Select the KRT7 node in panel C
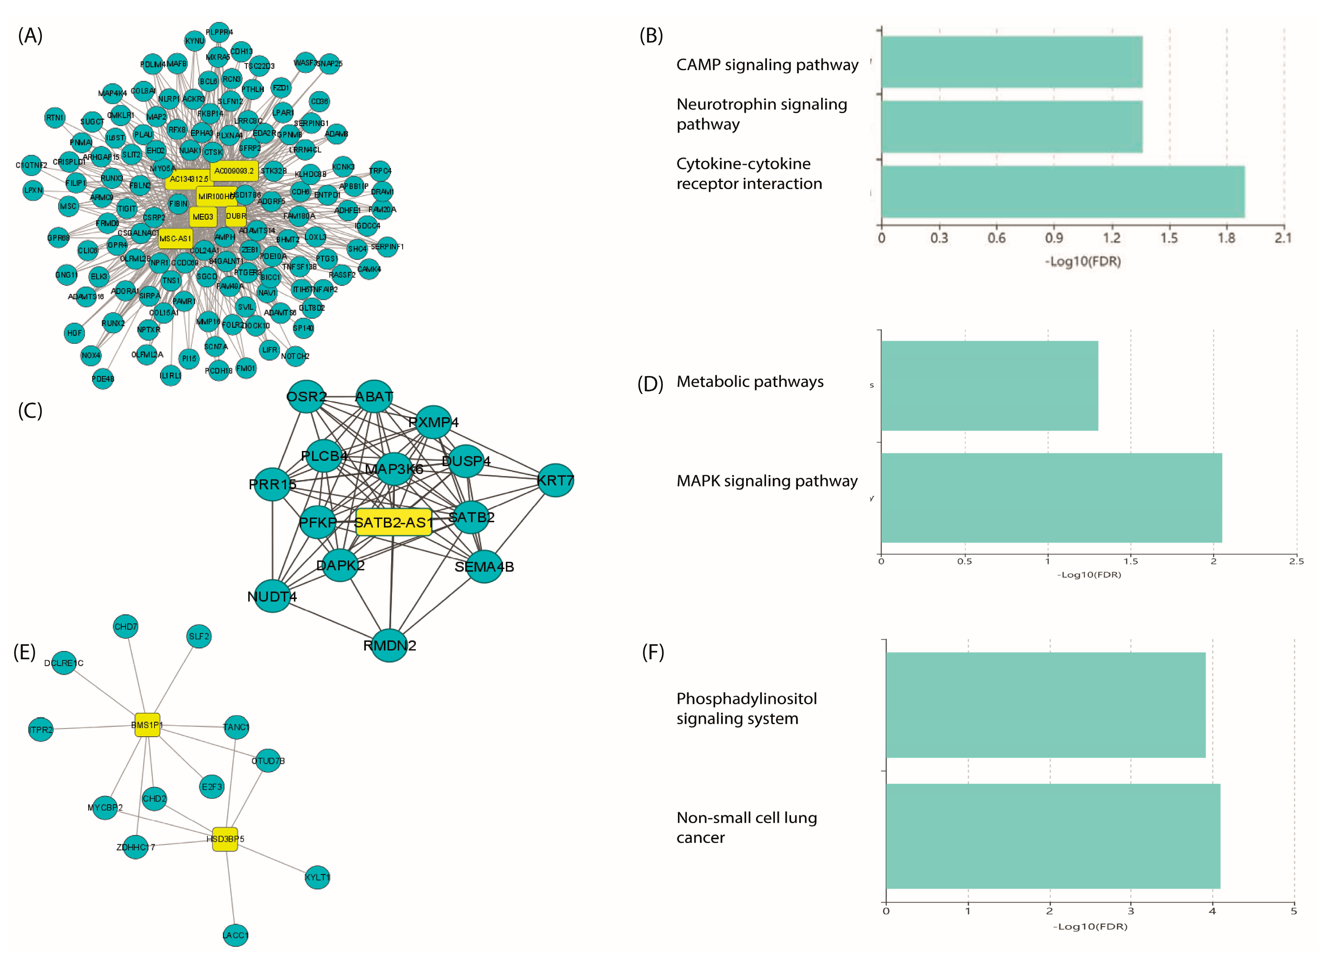pyautogui.click(x=555, y=480)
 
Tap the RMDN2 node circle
pyautogui.click(x=389, y=645)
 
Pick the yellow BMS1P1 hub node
pyautogui.click(x=147, y=724)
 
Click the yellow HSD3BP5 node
pyautogui.click(x=225, y=839)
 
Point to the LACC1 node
pyautogui.click(x=235, y=935)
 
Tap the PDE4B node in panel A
pyautogui.click(x=103, y=379)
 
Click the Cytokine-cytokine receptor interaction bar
pyautogui.click(x=1062, y=192)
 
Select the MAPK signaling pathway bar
pyautogui.click(x=1051, y=498)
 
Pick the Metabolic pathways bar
pyautogui.click(x=989, y=385)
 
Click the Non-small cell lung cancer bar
pyautogui.click(x=1053, y=836)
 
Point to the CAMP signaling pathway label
pyautogui.click(x=767, y=65)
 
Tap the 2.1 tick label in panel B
pyautogui.click(x=1283, y=238)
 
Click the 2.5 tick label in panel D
pyautogui.click(x=1296, y=561)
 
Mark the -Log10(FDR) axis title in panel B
pyautogui.click(x=1083, y=261)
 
